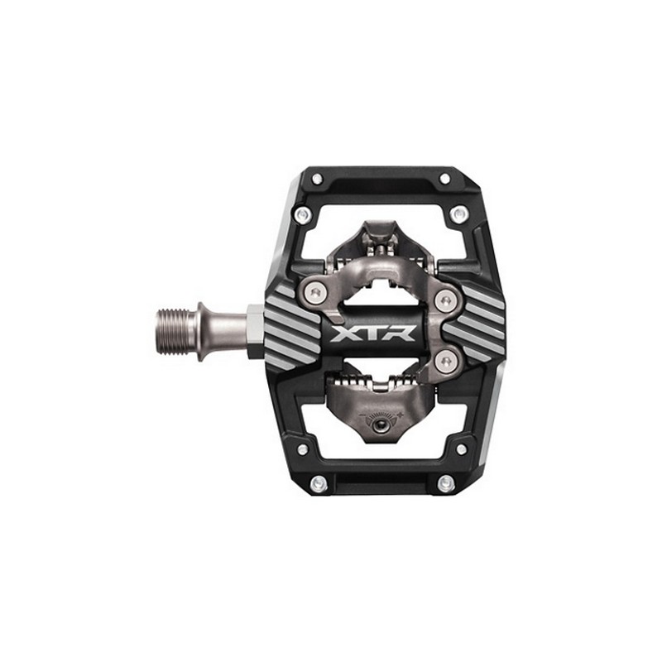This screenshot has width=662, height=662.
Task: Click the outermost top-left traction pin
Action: [x=318, y=179]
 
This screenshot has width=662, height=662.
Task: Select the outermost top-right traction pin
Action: [x=444, y=179]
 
